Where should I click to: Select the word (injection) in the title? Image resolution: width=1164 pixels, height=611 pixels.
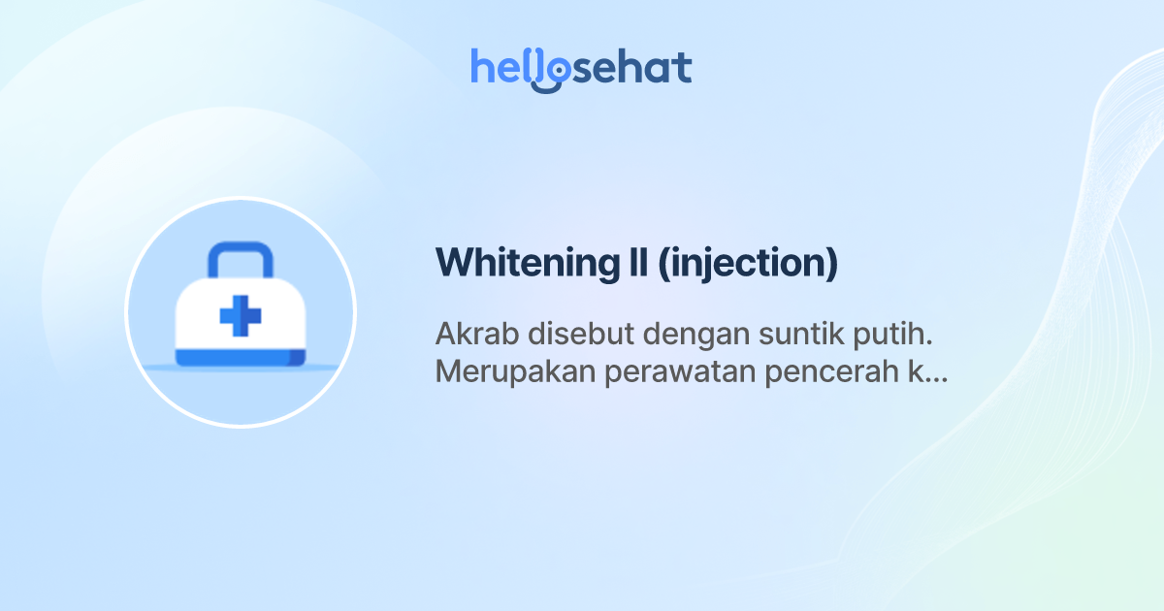(747, 264)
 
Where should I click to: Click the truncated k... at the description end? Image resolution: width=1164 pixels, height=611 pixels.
(927, 373)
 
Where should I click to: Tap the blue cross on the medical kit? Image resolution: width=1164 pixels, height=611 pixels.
(240, 316)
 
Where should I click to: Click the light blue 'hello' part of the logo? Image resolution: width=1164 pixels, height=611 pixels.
(504, 67)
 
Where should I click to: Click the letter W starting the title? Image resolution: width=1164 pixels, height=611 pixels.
(453, 263)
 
